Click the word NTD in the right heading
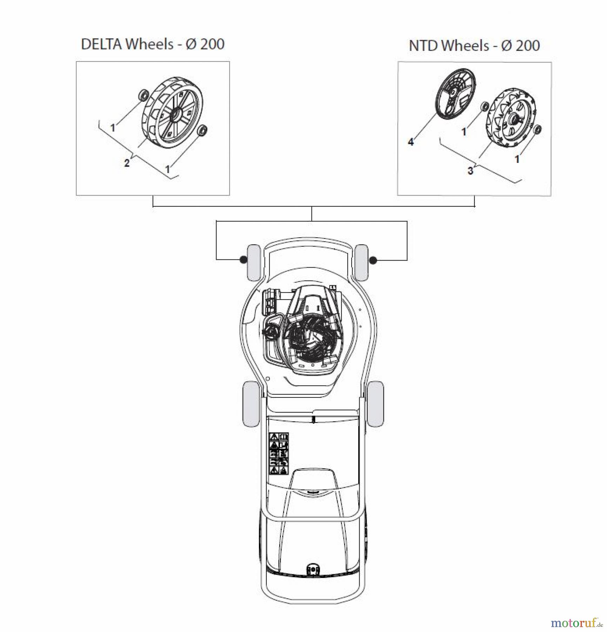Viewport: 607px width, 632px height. [x=423, y=46]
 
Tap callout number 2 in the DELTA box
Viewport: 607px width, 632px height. [x=127, y=163]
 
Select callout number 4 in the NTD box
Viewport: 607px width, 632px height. [x=411, y=142]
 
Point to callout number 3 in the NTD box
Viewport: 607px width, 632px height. [x=470, y=171]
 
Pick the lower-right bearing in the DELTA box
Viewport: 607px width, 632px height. [x=202, y=130]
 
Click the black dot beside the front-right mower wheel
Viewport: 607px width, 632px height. [x=373, y=260]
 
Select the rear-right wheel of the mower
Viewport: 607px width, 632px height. [x=375, y=404]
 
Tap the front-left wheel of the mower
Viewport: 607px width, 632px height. [x=254, y=263]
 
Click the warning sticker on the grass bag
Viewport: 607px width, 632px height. [x=279, y=454]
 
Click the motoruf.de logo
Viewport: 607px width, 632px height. [x=575, y=623]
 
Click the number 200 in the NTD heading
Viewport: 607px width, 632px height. [x=526, y=46]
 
